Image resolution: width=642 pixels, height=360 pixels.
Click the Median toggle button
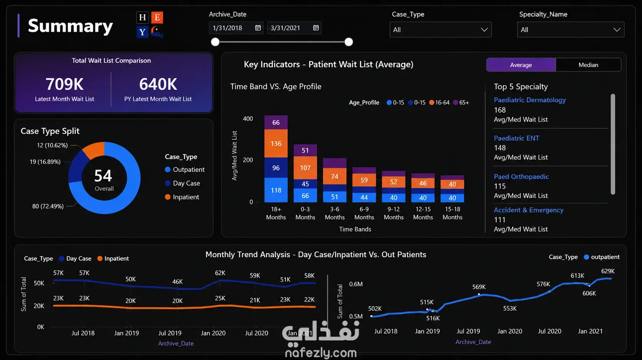[588, 65]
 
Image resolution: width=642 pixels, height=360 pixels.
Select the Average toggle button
[521, 65]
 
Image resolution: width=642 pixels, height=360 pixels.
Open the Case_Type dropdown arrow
[484, 30]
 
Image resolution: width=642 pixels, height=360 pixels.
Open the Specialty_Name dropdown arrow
[617, 30]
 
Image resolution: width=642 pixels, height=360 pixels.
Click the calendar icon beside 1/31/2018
[258, 28]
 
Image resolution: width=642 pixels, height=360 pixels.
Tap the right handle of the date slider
[349, 42]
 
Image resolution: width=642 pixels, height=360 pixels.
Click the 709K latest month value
[64, 84]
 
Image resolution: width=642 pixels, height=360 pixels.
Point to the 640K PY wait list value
[158, 84]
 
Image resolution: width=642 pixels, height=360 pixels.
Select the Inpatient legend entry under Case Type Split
[182, 197]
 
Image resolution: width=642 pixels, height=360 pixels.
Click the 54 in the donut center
[103, 176]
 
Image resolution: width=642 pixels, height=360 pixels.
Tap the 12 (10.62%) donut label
[52, 145]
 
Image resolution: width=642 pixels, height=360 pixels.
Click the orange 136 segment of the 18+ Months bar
[276, 143]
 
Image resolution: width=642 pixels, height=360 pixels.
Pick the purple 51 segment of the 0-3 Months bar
[305, 150]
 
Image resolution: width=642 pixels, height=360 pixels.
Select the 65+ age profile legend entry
[461, 103]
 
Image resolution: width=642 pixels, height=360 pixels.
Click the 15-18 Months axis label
[452, 213]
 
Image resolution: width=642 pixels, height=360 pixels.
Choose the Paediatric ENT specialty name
[517, 138]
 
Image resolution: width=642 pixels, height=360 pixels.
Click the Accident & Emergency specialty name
[528, 210]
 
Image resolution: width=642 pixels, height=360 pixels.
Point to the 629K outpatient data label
[608, 271]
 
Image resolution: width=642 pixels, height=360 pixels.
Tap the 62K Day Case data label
[220, 273]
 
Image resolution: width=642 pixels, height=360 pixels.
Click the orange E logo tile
[157, 18]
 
